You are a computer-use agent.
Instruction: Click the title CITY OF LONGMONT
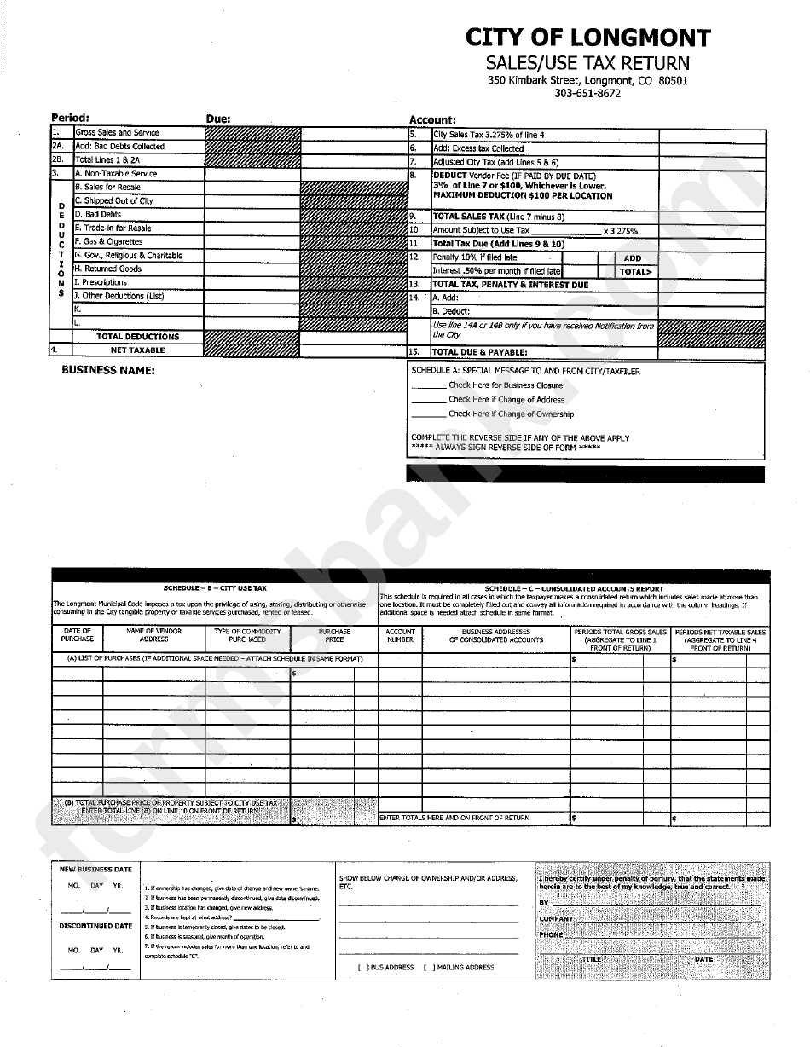(587, 38)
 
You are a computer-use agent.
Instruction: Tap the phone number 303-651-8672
(587, 94)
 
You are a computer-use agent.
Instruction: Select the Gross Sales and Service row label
(118, 133)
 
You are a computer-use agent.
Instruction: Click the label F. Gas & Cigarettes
(108, 242)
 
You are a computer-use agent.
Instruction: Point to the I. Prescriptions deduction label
(101, 282)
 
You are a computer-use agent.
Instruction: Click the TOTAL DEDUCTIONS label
(138, 337)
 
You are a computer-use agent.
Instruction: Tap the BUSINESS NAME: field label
(107, 370)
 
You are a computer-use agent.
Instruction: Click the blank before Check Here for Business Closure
(428, 386)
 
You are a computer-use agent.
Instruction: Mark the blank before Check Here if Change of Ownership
(428, 414)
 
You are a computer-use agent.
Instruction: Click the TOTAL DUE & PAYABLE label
(480, 352)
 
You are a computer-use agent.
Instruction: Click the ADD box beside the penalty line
(632, 258)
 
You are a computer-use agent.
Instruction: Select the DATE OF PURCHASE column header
(78, 635)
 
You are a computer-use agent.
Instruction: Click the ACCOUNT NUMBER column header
(400, 636)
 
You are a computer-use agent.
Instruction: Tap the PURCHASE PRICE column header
(334, 636)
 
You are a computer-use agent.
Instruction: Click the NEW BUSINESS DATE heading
(95, 870)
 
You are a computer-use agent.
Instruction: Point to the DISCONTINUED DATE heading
(95, 926)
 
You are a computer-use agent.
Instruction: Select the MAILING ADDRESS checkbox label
(465, 968)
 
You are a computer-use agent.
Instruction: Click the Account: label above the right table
(432, 120)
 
